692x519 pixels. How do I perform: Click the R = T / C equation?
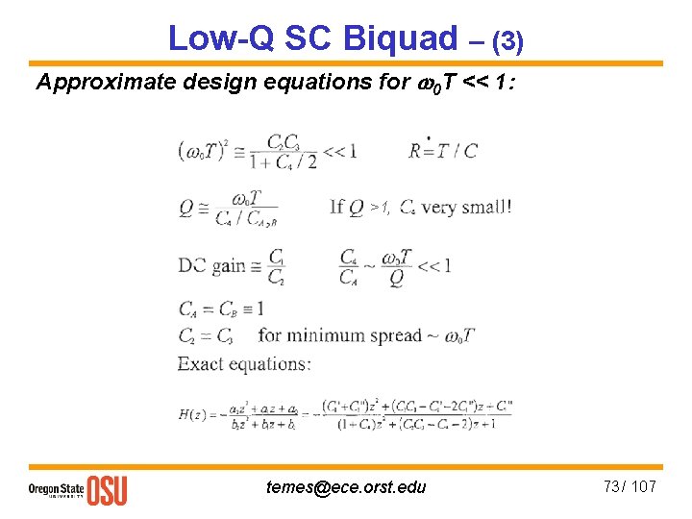point(443,150)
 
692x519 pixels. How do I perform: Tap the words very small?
point(465,206)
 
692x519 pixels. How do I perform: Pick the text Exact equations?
point(244,363)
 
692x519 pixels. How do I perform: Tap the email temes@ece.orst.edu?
point(346,487)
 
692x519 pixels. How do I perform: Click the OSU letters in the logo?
point(107,489)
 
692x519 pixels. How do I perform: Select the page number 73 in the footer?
point(612,486)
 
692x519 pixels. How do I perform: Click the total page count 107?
point(644,486)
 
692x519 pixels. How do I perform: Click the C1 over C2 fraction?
point(277,266)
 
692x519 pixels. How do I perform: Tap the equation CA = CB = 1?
point(220,309)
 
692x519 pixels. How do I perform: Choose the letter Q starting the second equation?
point(185,207)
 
